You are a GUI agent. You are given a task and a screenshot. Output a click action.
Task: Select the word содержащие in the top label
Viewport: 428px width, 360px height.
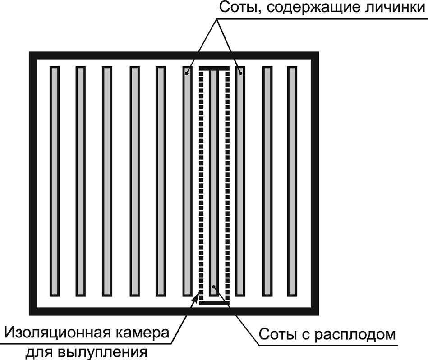click(305, 8)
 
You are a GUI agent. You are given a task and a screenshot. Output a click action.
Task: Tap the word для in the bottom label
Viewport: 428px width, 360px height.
click(42, 352)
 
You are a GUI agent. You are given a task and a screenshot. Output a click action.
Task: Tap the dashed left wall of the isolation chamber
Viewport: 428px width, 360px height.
click(202, 180)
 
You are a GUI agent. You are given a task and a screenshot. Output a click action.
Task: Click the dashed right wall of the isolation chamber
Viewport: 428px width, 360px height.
click(227, 180)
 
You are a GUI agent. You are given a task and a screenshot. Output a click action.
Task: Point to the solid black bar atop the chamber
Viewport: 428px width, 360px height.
click(214, 68)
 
